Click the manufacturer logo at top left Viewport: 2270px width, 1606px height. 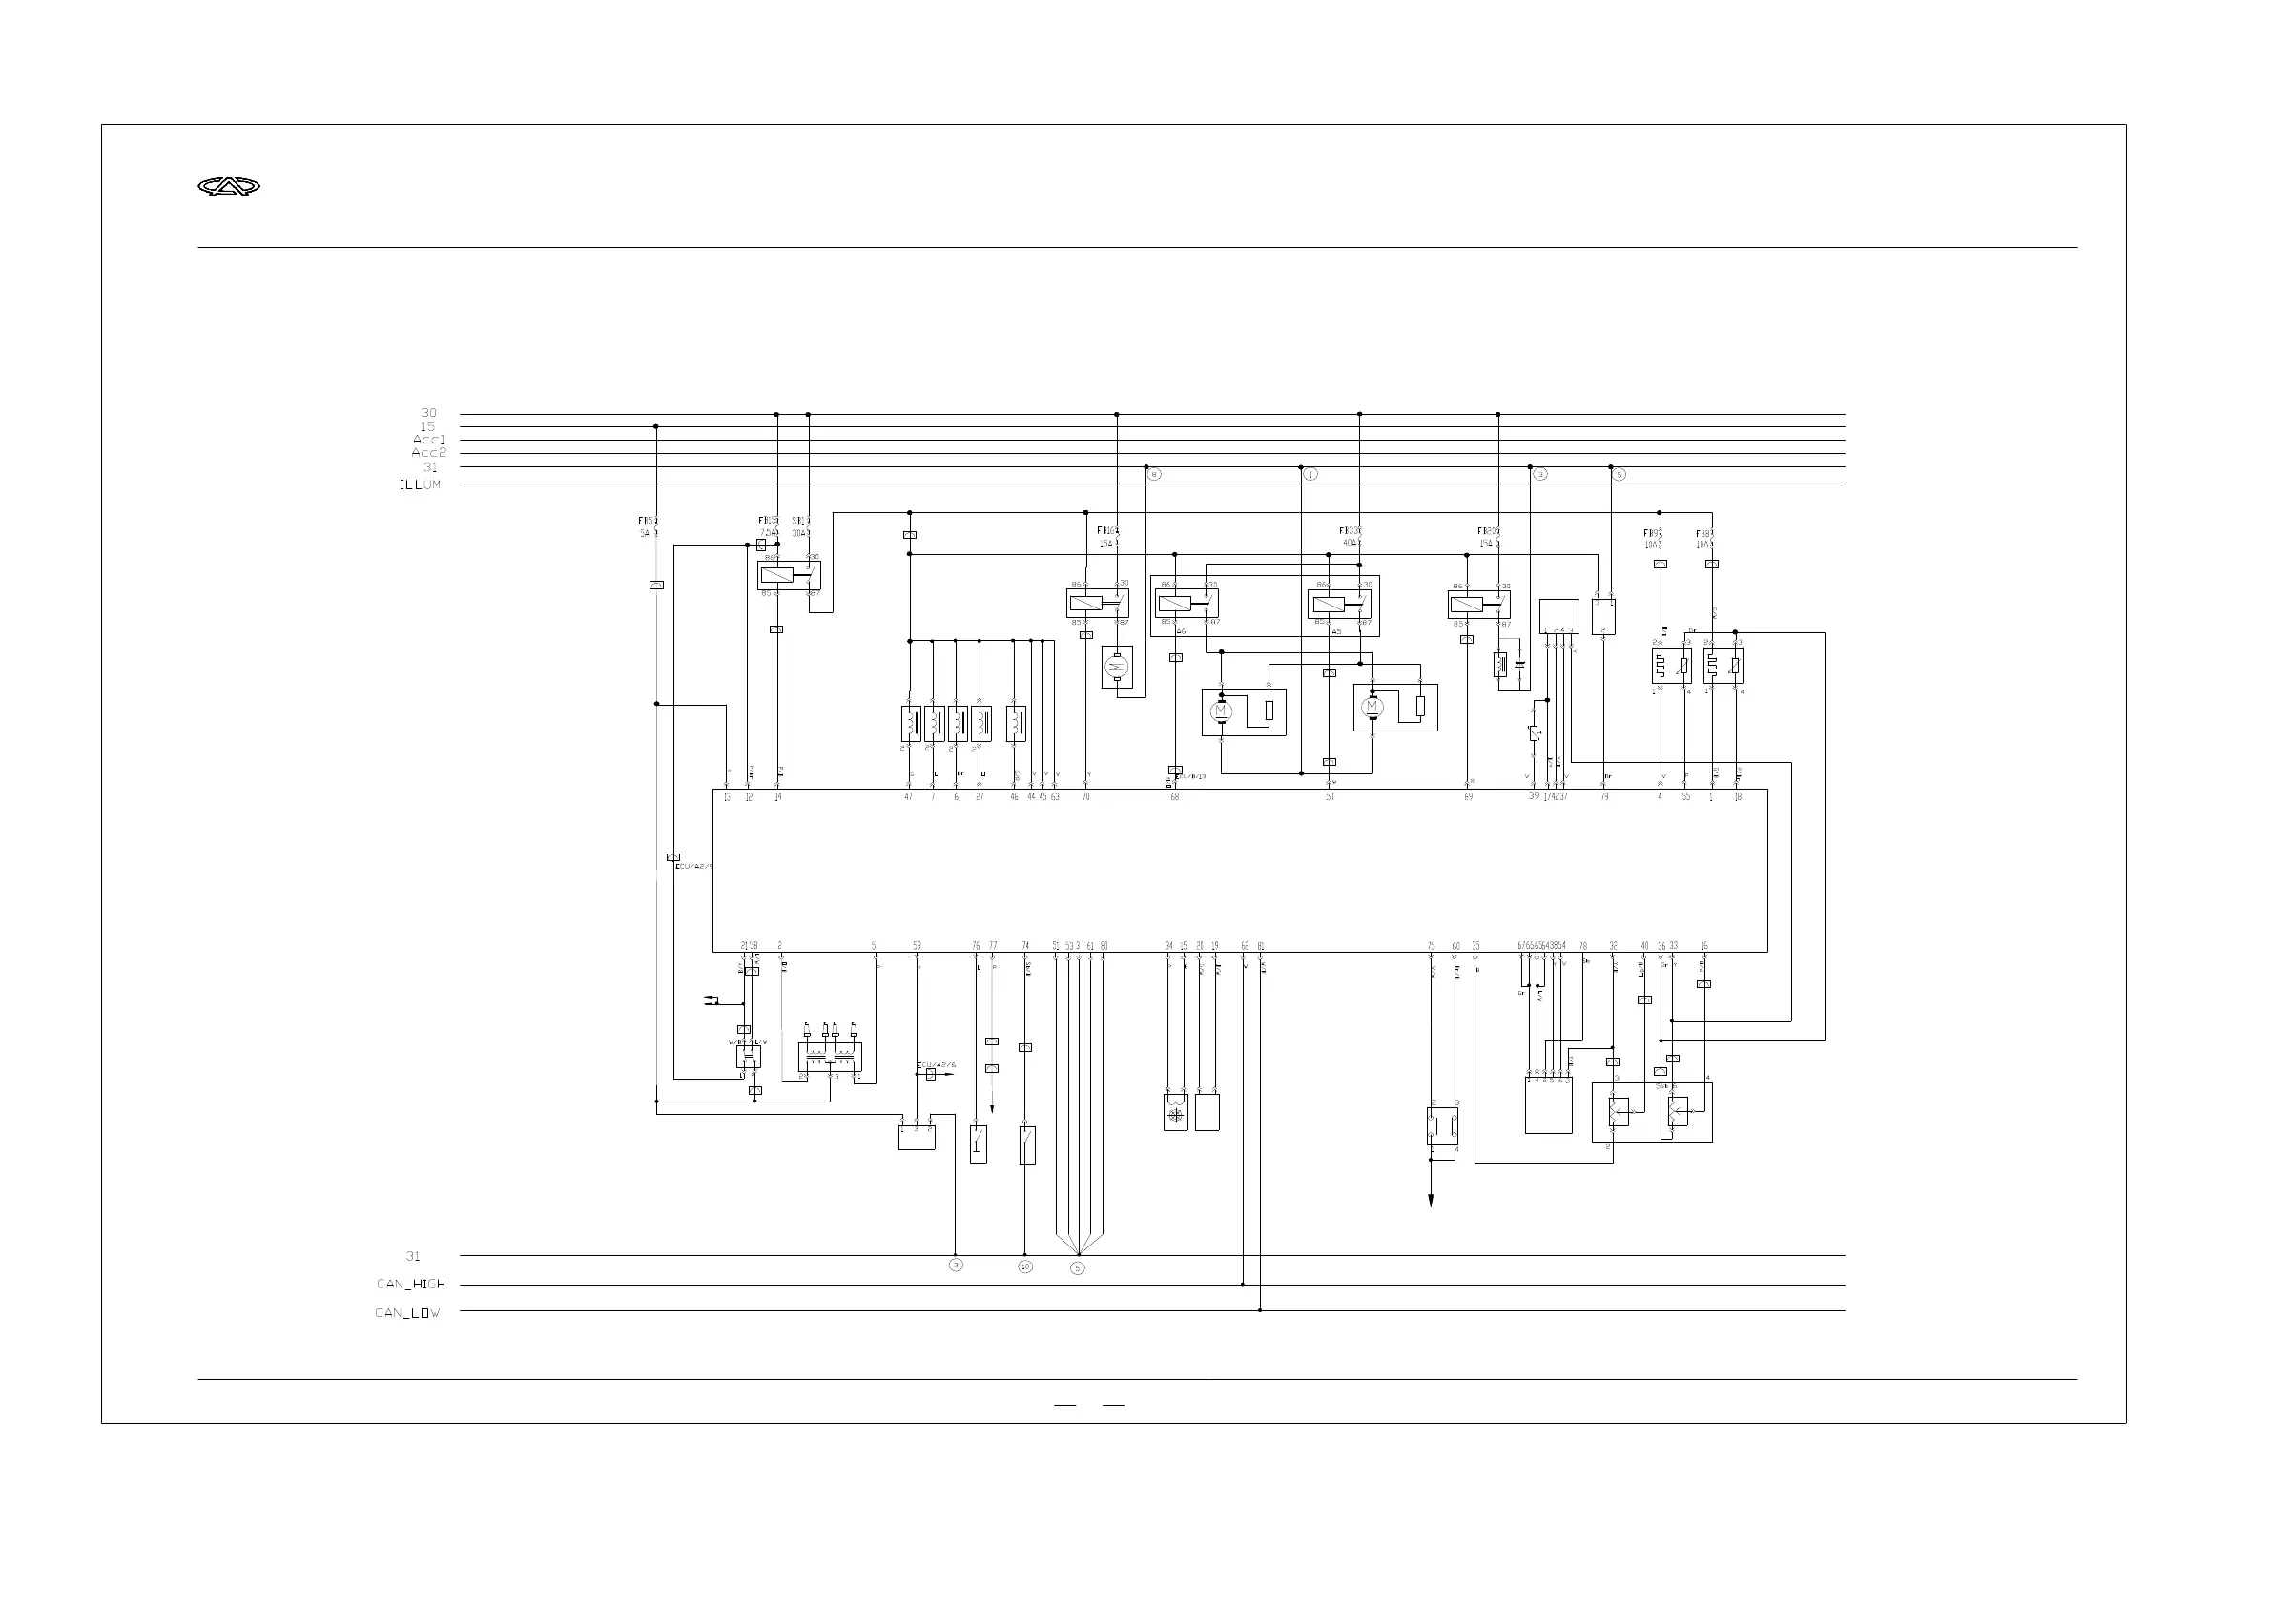click(229, 186)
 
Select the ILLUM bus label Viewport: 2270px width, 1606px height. click(421, 484)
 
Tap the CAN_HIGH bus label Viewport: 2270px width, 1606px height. click(411, 1284)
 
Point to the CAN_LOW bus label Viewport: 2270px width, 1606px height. click(407, 1313)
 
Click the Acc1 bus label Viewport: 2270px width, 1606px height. click(429, 440)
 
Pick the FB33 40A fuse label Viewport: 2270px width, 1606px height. click(1351, 536)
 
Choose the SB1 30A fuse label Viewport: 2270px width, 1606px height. click(800, 526)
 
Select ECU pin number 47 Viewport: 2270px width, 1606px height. click(909, 797)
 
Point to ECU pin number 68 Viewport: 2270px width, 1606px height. click(1175, 797)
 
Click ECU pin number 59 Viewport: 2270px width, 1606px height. click(917, 946)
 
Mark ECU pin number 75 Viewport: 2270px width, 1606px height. click(1431, 946)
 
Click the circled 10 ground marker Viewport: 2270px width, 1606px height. click(1025, 1266)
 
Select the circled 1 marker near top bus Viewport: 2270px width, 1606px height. click(1310, 475)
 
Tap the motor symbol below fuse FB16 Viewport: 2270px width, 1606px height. click(1117, 668)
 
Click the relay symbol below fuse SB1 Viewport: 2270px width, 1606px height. click(789, 576)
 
